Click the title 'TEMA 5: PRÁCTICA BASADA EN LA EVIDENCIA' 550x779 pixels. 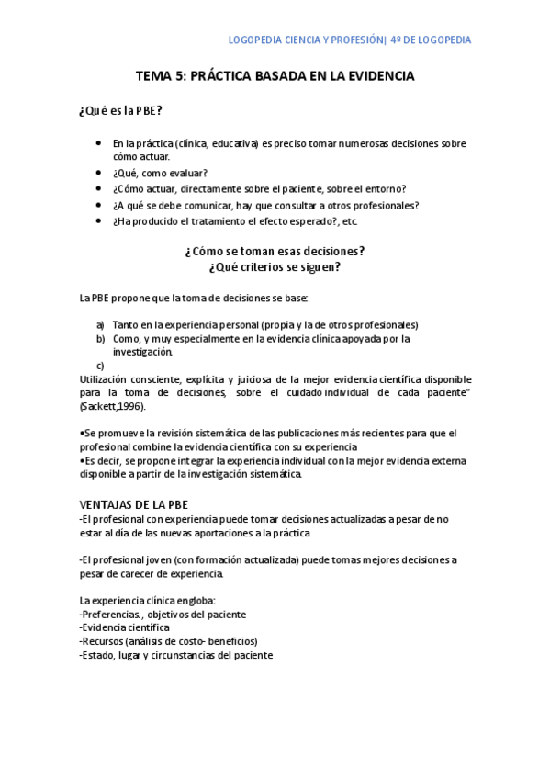click(275, 76)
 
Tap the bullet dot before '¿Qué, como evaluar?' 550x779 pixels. click(98, 173)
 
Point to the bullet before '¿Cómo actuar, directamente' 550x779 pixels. click(98, 189)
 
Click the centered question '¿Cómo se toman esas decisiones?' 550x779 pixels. click(275, 251)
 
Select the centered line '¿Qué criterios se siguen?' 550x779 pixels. click(275, 267)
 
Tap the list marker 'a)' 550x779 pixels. click(101, 325)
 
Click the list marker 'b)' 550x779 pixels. click(101, 339)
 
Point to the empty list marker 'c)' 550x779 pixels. click(100, 366)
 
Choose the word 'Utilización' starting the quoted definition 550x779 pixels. click(106, 378)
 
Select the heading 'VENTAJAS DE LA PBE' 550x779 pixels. click(134, 505)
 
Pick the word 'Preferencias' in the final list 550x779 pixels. click(111, 615)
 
